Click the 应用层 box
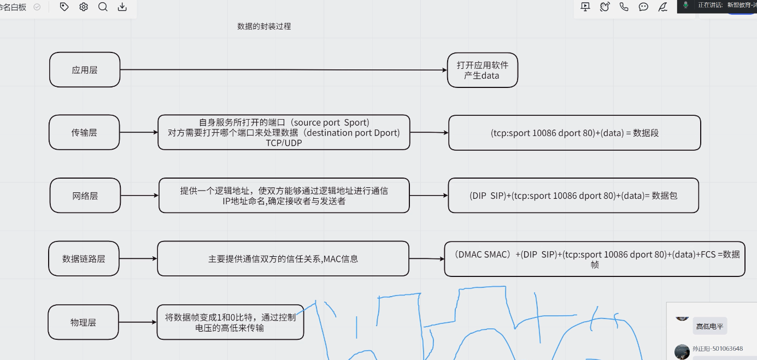click(x=85, y=70)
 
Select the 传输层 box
click(x=84, y=132)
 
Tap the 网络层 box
click(x=85, y=196)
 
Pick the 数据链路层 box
click(x=83, y=258)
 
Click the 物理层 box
click(x=83, y=322)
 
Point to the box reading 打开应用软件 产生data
click(x=482, y=70)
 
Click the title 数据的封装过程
click(x=264, y=26)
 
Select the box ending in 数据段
click(x=574, y=133)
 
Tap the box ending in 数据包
click(x=573, y=196)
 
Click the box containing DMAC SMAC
click(x=594, y=259)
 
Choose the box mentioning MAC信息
click(x=283, y=258)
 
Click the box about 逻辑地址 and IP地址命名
click(x=284, y=196)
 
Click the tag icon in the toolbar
click(x=64, y=7)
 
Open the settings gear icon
click(x=84, y=7)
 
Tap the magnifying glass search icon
click(x=103, y=7)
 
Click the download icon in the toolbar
click(x=122, y=7)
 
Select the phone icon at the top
click(x=624, y=7)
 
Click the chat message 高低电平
click(x=709, y=327)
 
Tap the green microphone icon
click(x=685, y=5)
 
